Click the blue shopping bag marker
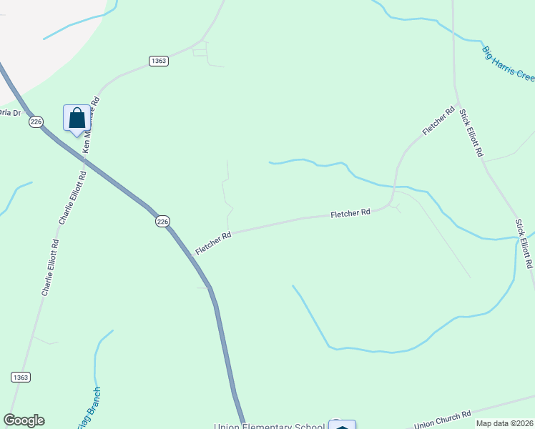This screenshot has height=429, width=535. [77, 119]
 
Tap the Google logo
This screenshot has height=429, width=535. [24, 420]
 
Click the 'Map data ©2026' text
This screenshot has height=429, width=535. [504, 423]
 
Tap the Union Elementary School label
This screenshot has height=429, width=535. [270, 427]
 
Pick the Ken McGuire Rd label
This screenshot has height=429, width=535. [91, 122]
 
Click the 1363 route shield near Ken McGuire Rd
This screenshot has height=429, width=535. [159, 61]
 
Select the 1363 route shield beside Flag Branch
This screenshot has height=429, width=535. [20, 377]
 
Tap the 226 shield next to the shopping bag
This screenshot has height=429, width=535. [36, 122]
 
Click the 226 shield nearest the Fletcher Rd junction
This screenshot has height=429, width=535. [163, 222]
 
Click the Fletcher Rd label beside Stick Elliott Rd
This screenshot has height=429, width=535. [438, 121]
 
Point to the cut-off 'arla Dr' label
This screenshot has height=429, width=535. [10, 112]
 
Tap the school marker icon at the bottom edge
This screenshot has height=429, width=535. [343, 425]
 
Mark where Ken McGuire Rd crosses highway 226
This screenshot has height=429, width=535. [77, 159]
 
